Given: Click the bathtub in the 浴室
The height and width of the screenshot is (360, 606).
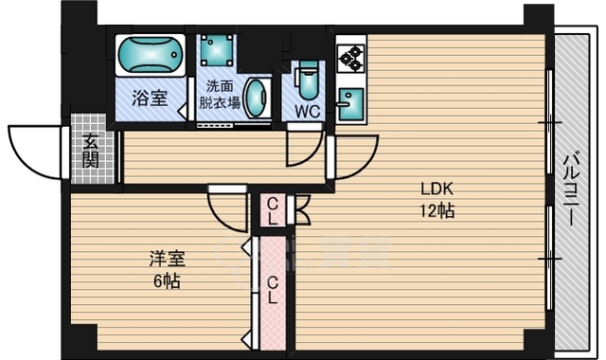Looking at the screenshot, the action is coord(151,55).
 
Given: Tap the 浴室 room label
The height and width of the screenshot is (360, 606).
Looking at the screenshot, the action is coord(150,98).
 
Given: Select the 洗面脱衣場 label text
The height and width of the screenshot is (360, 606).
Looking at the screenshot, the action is coord(220,95).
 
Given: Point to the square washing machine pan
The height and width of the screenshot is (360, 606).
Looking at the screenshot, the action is coord(217,50).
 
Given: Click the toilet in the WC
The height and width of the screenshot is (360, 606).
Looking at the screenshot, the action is coord(307,81).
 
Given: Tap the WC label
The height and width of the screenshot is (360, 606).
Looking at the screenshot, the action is coord(308,112).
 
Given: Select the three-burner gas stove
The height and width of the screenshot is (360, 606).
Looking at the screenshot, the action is coord(351,58).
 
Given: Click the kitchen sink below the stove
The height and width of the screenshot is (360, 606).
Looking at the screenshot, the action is coord(350,103).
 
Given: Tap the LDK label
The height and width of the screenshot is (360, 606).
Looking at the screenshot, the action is coord(437,189).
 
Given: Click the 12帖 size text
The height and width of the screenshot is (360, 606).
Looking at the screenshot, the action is coord(437,211).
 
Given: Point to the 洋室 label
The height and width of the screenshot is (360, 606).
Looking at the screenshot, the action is coord(168,259).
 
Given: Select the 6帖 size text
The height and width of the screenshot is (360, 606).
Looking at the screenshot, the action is coord(167,281).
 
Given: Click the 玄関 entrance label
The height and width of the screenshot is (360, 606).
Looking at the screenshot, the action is coord(91,151).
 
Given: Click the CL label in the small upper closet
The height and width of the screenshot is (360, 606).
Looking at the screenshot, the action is coord(273,211).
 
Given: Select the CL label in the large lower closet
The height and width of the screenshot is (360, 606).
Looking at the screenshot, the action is coord(273,290).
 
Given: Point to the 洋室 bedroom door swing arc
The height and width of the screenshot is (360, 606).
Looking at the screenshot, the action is coord(221,219).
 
